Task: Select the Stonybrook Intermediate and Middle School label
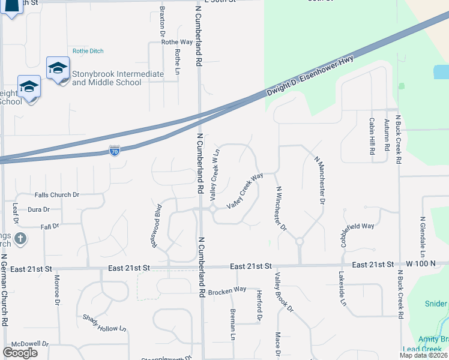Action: (x=118, y=78)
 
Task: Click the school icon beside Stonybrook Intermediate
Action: (x=58, y=69)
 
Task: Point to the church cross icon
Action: (x=20, y=238)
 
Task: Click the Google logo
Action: (x=20, y=353)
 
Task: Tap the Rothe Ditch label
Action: (x=88, y=51)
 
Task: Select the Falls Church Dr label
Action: (x=57, y=195)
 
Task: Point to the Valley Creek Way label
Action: (x=245, y=191)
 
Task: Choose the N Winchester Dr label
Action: (x=280, y=209)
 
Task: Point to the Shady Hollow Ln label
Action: (x=105, y=324)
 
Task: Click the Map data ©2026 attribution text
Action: (x=423, y=355)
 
